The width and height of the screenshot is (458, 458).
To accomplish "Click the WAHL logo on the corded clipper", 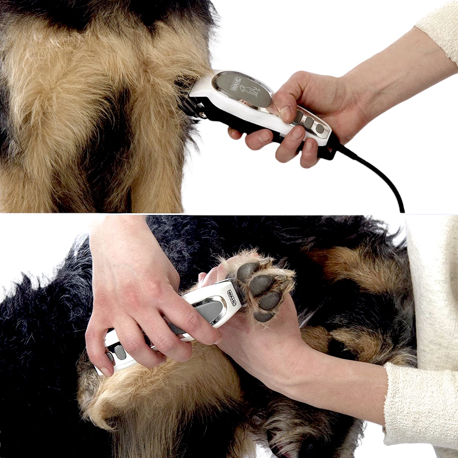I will pyautogui.click(x=233, y=85).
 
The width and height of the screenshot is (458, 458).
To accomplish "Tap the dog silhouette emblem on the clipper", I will pyautogui.click(x=250, y=90).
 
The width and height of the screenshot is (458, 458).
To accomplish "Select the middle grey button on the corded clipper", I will pyautogui.click(x=308, y=122).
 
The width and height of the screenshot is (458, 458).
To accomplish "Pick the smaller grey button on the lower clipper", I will pyautogui.click(x=110, y=357).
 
